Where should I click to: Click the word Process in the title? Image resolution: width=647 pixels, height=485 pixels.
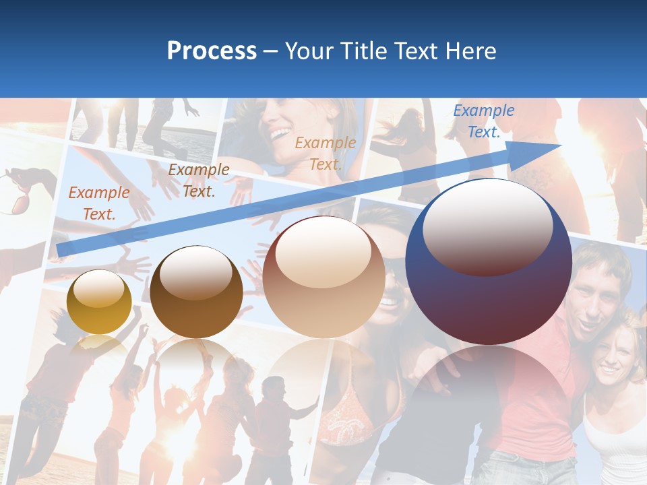coord(212,51)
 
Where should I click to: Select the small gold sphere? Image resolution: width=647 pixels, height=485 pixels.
coord(99,302)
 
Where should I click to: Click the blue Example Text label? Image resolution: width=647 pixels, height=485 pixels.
coord(483,121)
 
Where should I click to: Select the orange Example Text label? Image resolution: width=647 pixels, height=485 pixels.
coord(98,203)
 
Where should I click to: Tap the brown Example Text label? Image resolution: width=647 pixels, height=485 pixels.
coord(198,180)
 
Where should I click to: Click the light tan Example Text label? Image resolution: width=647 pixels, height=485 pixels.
coord(326,153)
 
